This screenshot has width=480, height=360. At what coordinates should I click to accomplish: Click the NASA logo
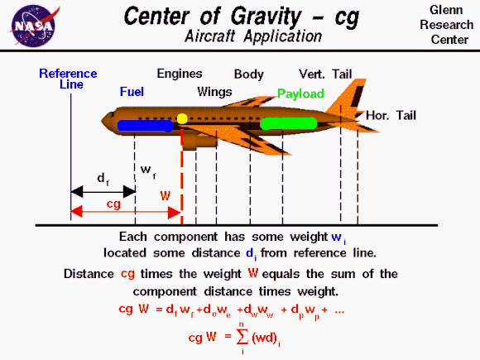pos(34,26)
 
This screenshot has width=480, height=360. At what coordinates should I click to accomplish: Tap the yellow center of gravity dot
pos(182,118)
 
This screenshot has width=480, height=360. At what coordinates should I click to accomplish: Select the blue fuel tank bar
pos(146,126)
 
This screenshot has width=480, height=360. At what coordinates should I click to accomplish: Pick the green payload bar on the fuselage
pos(288,123)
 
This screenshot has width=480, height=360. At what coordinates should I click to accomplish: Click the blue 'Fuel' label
pos(132,92)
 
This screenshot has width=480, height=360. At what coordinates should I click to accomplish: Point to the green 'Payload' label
pos(300,94)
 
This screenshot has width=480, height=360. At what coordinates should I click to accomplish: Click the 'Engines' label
pos(180,74)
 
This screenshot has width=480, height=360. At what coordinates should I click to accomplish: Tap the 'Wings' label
pos(214,92)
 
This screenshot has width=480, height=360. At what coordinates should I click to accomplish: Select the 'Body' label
pos(249,74)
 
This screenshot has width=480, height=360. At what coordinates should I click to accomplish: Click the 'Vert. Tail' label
pos(325,74)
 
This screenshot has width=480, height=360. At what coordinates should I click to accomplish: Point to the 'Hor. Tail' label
pos(391,115)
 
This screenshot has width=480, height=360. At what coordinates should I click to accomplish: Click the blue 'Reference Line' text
pos(68,79)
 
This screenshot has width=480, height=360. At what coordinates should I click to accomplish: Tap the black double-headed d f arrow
pos(103,191)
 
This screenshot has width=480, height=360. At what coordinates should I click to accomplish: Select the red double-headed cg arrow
pos(126,212)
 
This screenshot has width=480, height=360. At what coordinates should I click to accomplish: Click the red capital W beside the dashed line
pos(166,196)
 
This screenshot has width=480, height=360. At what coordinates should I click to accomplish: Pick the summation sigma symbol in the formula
pos(242,337)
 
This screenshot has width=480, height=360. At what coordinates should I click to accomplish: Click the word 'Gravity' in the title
pos(266,17)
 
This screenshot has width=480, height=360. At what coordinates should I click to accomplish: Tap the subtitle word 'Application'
pos(283,37)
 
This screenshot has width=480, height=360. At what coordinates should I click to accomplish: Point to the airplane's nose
pos(103,121)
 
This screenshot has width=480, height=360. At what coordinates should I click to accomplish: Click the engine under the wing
pos(199,142)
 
